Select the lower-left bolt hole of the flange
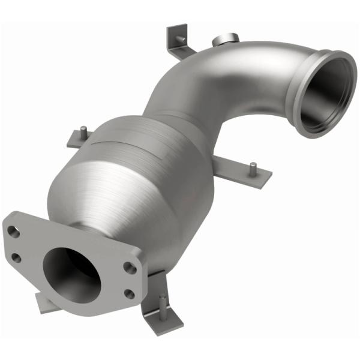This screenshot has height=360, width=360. tap(16, 257)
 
